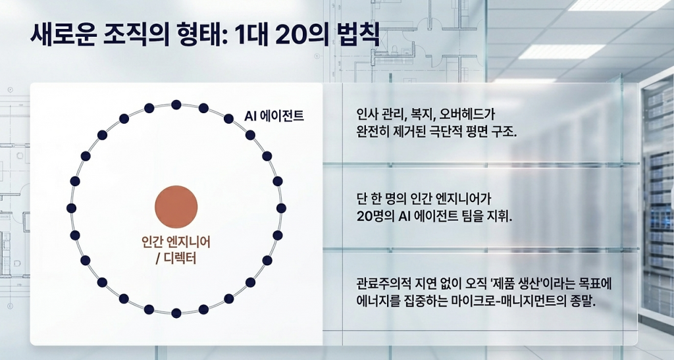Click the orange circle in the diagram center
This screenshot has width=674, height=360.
pyautogui.click(x=176, y=207)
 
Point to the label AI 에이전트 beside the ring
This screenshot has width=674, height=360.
pyautogui.click(x=274, y=116)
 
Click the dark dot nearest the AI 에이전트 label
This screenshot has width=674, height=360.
pyautogui.click(x=228, y=118)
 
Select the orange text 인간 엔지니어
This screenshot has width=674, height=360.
pyautogui.click(x=176, y=242)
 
